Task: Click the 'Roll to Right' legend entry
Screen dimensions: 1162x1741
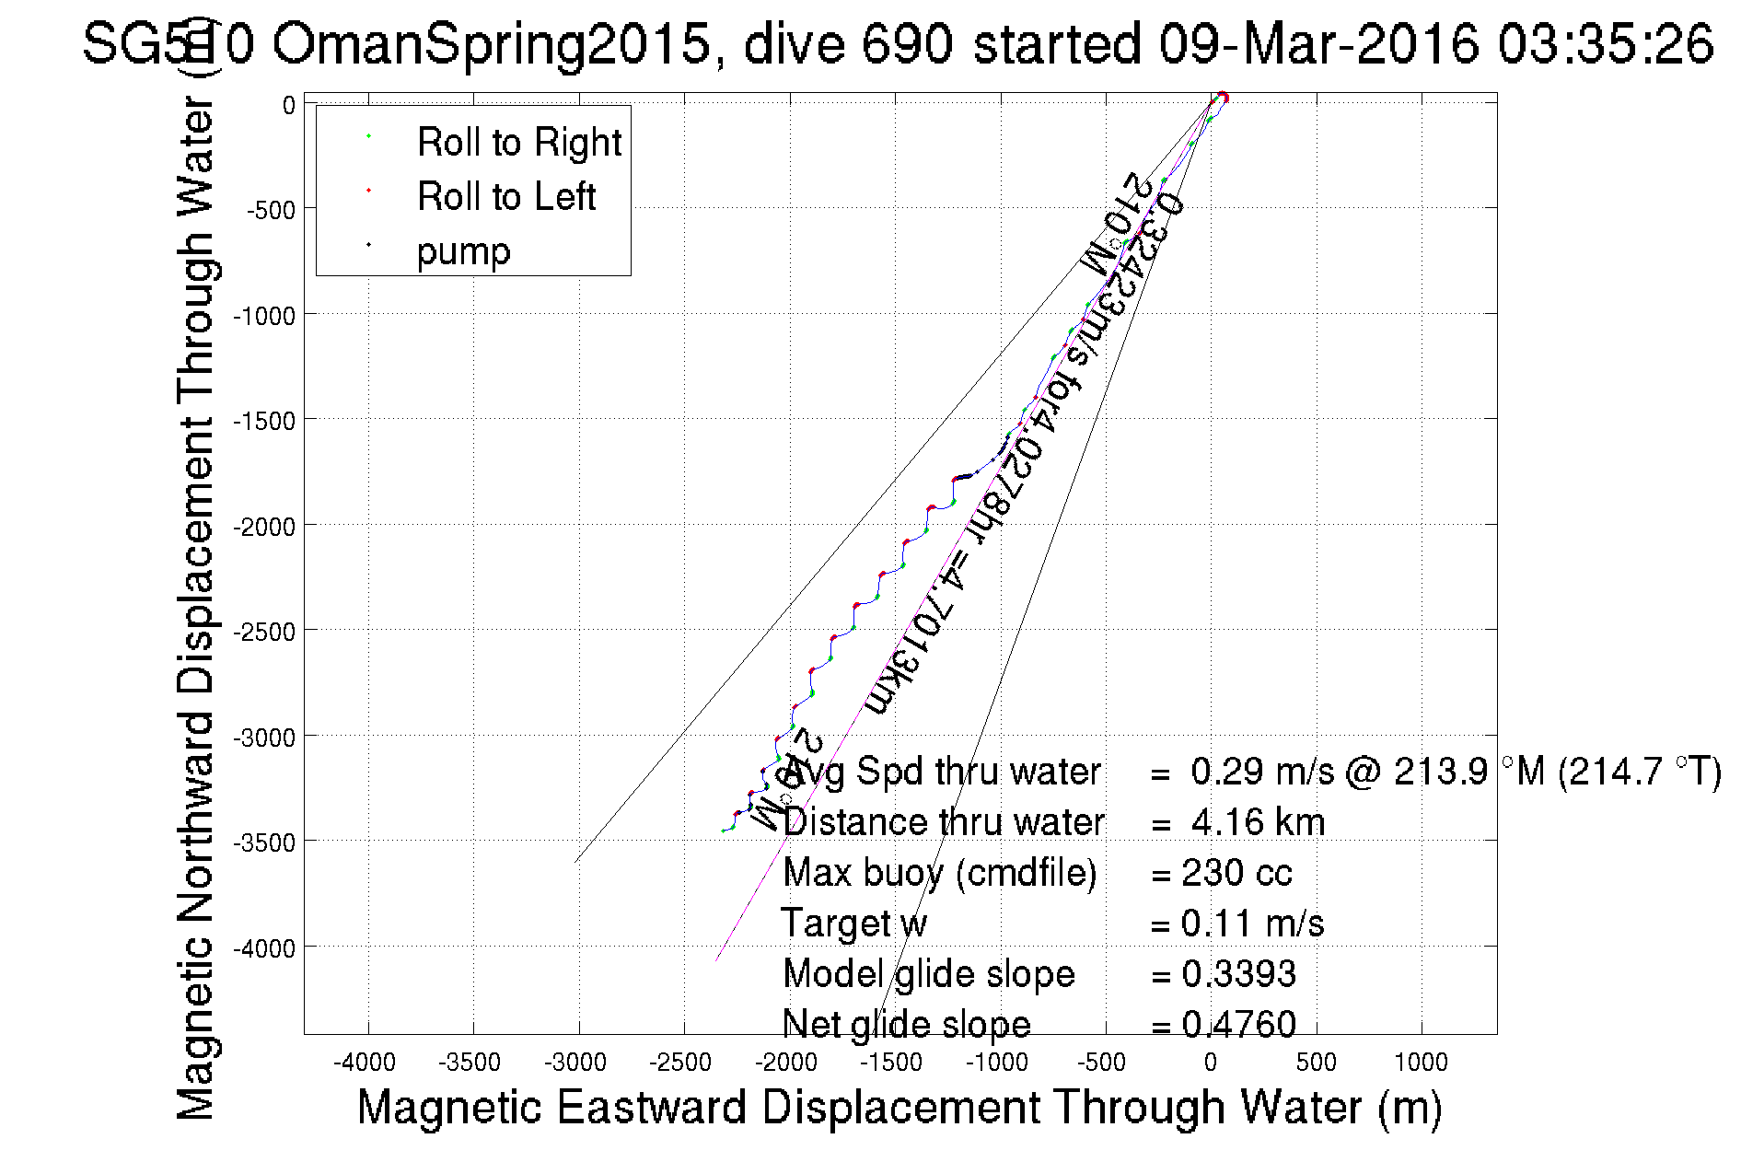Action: pos(518,143)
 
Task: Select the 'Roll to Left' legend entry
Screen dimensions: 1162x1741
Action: pos(505,197)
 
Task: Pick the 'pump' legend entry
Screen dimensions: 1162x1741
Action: pos(463,251)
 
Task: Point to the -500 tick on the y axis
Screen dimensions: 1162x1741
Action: pos(271,210)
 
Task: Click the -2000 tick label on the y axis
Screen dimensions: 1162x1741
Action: pos(264,527)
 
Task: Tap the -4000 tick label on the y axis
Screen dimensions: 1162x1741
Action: pos(264,948)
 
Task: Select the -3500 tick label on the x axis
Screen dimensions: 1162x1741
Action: pos(470,1063)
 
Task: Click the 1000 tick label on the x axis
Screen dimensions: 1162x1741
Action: pos(1421,1063)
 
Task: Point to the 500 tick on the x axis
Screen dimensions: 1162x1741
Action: pos(1316,1063)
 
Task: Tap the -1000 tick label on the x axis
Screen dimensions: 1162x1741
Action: pos(996,1063)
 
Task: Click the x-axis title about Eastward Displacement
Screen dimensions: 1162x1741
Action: pos(899,1107)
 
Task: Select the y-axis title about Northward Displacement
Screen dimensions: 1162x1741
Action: pos(195,608)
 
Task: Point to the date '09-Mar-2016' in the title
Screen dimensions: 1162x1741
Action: pos(1317,44)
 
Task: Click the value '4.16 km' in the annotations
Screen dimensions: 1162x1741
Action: pos(1258,822)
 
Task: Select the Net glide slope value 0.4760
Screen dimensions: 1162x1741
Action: pos(1239,1024)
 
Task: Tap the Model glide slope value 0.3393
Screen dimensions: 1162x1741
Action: pos(1239,974)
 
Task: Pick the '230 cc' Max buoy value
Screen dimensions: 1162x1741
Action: pos(1237,873)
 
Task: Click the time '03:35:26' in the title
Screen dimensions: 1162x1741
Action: pos(1605,44)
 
